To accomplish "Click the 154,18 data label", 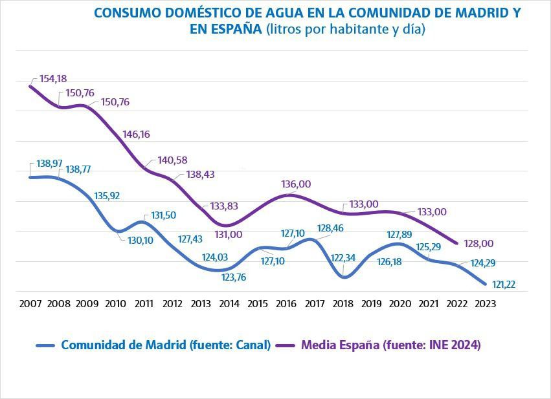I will pos(53,79).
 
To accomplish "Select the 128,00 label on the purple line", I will pos(479,244).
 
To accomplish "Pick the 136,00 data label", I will pos(296,184).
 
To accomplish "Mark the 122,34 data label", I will pos(343,257).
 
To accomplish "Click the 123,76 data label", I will pos(236,277).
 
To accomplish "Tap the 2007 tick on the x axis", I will pos(30,303).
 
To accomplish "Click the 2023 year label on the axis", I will pos(486,303).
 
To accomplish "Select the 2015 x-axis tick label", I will pos(258,303).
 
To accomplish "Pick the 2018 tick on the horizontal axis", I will pos(343,303).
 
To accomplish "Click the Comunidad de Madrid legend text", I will pos(165,345).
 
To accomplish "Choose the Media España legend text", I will pos(390,345).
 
